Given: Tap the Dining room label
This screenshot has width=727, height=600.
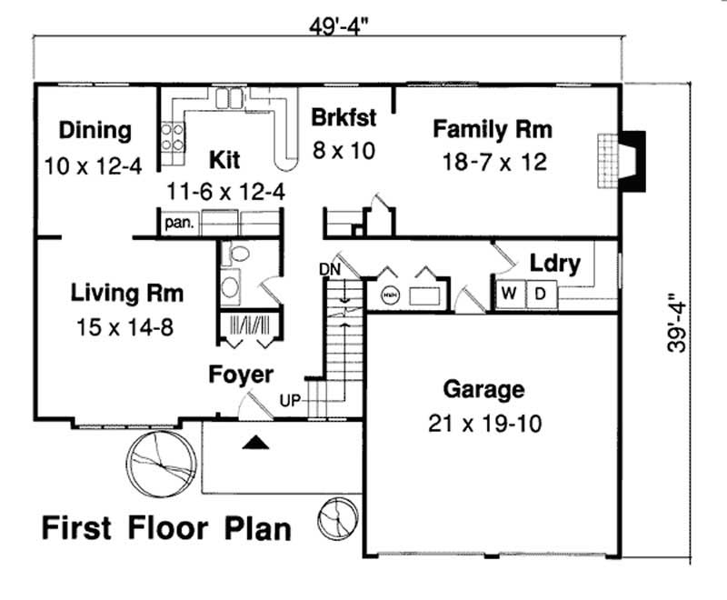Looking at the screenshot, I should (x=95, y=130).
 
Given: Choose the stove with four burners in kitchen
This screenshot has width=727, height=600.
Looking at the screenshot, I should (x=173, y=137).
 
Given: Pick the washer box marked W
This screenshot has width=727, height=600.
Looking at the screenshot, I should (x=509, y=294).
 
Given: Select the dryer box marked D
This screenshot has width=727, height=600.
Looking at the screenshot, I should (x=539, y=294).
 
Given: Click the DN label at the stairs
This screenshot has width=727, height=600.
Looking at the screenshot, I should (x=329, y=268).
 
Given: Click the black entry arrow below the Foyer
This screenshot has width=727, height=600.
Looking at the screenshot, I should (x=258, y=443).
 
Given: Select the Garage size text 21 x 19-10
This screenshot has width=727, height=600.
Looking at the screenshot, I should (x=483, y=423).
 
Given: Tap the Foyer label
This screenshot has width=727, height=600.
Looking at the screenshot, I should (x=240, y=375).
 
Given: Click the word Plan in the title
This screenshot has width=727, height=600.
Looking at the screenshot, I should (x=254, y=528).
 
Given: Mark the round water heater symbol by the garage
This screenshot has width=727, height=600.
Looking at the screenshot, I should (x=390, y=295).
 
